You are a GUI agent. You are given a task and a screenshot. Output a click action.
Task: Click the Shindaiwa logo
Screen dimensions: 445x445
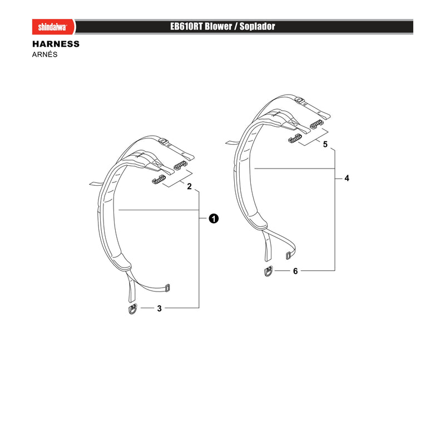click(x=53, y=27)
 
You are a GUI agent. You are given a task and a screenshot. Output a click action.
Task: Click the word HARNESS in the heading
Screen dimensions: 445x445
click(x=56, y=44)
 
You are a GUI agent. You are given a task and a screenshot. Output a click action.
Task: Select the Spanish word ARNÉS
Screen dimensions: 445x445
click(x=44, y=54)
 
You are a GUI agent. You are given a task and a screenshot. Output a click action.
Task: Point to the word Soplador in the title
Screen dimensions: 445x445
click(x=258, y=26)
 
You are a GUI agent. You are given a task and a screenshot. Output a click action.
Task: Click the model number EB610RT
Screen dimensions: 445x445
click(x=186, y=26)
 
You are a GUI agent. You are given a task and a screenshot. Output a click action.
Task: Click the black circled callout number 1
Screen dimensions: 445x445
click(x=214, y=219)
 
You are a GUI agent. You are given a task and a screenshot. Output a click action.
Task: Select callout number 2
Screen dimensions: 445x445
click(x=189, y=186)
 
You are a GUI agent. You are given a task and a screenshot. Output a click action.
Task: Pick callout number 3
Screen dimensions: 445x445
click(x=159, y=308)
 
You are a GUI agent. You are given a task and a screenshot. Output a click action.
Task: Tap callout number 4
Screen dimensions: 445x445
click(x=347, y=178)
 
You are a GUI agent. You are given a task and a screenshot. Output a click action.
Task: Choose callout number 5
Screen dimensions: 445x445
click(x=325, y=145)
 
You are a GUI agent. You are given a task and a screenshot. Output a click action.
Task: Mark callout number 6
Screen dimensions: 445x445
click(x=295, y=271)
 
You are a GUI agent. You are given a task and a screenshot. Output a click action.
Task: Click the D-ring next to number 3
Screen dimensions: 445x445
click(x=132, y=309)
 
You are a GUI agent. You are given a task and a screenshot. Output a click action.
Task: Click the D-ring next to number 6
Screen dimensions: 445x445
click(x=269, y=271)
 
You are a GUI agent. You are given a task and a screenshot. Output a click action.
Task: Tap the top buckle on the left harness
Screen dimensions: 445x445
click(x=163, y=141)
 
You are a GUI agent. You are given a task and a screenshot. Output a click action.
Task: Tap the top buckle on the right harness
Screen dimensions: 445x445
click(x=299, y=100)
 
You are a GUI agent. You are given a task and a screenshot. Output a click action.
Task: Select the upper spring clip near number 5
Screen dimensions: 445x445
click(x=317, y=124)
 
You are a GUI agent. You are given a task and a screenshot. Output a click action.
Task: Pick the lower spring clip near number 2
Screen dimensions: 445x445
click(x=159, y=180)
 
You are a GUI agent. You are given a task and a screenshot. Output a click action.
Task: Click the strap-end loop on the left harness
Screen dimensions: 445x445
click(x=167, y=288)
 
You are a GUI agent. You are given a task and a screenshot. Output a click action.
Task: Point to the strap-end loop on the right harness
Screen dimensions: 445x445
click(x=288, y=255)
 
